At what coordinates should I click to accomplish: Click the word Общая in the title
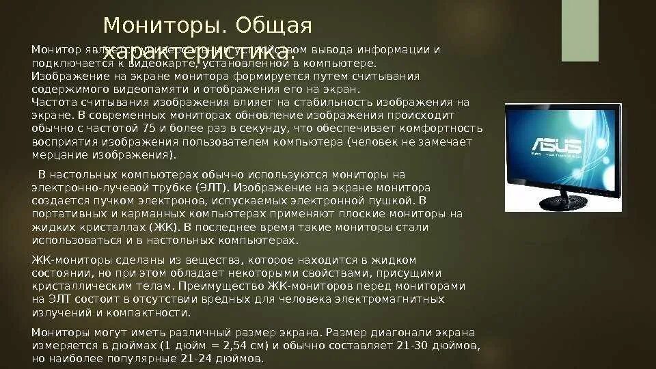(274, 25)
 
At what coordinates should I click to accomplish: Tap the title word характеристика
(198, 51)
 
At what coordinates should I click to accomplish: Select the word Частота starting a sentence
(54, 102)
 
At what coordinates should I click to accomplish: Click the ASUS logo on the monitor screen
(556, 146)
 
